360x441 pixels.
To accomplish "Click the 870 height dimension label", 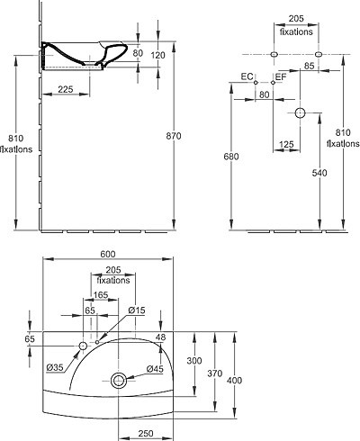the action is [x=174, y=136].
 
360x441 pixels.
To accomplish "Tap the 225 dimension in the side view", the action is [x=66, y=89].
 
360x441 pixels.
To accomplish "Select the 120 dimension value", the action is [x=157, y=55].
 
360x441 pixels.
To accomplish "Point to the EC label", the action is [x=247, y=76].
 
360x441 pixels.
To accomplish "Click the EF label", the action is [x=281, y=77].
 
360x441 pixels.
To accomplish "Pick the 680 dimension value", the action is [x=231, y=157].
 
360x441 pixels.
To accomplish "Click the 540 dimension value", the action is [x=319, y=173].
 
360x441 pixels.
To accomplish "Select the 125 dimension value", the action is [x=286, y=145].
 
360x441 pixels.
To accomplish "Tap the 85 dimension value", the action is [x=309, y=66].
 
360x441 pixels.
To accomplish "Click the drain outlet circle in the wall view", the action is [x=300, y=113].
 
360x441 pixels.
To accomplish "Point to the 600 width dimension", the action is [x=108, y=254].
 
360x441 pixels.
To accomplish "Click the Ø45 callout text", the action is [x=155, y=369].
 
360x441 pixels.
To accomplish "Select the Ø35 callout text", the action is [x=55, y=367].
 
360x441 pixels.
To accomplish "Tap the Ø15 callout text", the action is [x=137, y=310].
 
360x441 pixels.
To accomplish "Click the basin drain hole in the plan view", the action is [x=119, y=381].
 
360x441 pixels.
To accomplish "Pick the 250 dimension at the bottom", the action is [x=146, y=433].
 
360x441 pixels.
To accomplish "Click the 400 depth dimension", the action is [x=234, y=381].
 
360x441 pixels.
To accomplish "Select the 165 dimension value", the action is [x=101, y=295].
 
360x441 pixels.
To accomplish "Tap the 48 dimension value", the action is [x=161, y=337].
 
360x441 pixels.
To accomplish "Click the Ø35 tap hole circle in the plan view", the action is [x=83, y=346].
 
